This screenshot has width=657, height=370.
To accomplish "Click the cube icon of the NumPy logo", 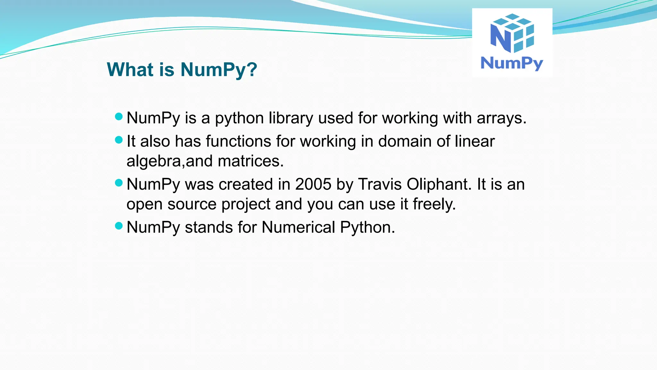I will click(512, 33).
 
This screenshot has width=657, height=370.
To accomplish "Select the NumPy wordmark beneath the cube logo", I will click(512, 63).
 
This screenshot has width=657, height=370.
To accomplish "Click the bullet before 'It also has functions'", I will click(119, 140).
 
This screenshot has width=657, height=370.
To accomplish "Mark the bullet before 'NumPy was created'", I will click(119, 183).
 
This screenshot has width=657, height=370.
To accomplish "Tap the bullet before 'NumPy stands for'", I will click(119, 226).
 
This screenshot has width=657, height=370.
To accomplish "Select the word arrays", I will click(501, 118).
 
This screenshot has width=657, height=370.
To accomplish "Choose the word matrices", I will click(251, 161).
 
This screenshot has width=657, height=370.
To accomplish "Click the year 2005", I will click(313, 184).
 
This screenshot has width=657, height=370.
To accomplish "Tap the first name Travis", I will click(380, 184).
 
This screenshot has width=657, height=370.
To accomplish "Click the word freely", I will click(434, 204).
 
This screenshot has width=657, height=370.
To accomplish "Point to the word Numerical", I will click(298, 227).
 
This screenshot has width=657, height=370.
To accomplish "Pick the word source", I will click(192, 204).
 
